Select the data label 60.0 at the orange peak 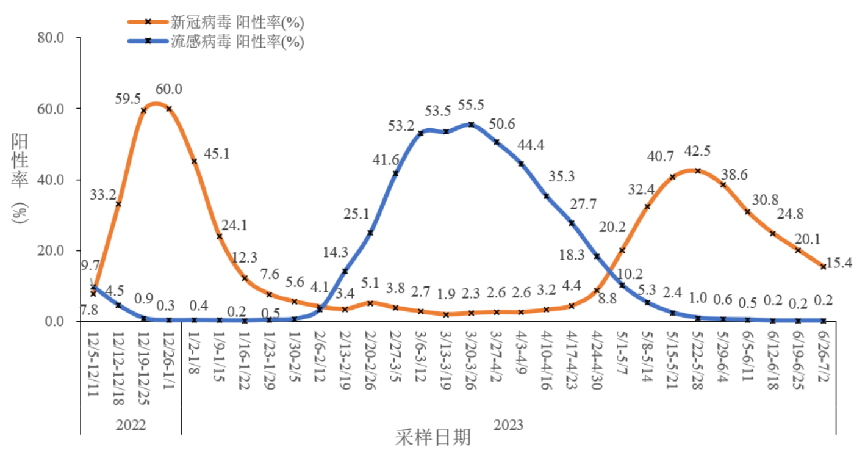(169, 90)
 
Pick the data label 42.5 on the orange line (698, 151)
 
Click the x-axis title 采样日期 (433, 438)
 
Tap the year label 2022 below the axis (131, 424)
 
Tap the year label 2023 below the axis (508, 424)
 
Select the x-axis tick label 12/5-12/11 (93, 362)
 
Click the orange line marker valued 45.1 (195, 161)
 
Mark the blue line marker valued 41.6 (395, 173)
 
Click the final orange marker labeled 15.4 (823, 267)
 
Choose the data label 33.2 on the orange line (104, 195)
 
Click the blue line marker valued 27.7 (572, 223)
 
